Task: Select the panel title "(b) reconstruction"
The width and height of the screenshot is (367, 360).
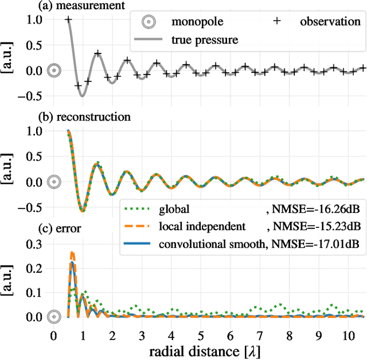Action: point(84,117)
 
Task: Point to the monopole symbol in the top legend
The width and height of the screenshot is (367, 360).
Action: point(147,23)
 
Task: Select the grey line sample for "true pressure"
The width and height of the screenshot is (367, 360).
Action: point(147,40)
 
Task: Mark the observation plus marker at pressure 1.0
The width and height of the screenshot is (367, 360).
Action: point(68,20)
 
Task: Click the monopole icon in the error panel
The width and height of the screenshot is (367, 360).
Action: point(53,317)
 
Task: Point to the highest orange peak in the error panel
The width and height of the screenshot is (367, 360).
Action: point(72,251)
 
